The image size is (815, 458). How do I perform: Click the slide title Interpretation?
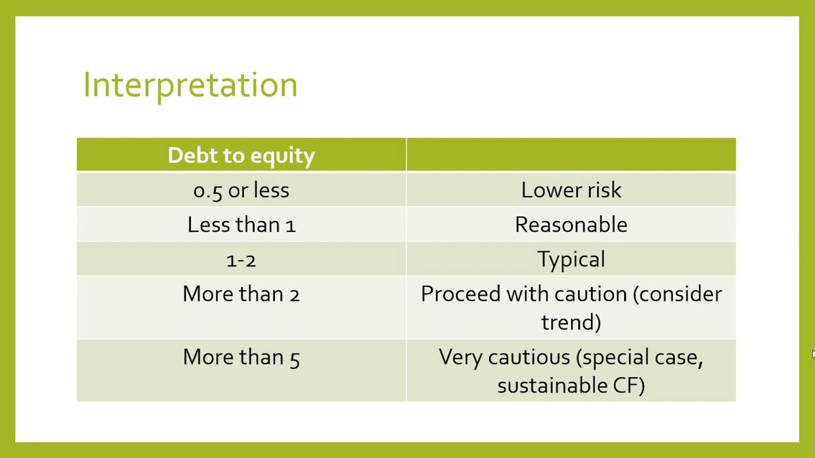pos(190,85)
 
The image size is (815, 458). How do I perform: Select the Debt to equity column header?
pos(241,155)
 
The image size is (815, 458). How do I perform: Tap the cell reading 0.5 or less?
pos(241,190)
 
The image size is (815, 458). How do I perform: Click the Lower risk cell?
pos(570,190)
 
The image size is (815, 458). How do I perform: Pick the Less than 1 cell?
pos(241,225)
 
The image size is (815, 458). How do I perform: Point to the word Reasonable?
pos(570,225)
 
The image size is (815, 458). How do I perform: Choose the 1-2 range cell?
pos(241,260)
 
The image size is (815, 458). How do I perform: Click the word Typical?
pos(570,259)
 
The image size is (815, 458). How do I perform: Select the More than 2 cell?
pos(241,294)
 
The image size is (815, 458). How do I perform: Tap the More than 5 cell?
pos(241,357)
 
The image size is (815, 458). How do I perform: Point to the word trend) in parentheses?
pos(570,322)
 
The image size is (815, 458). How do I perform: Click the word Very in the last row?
pos(459,357)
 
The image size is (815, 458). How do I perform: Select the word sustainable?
pos(551,385)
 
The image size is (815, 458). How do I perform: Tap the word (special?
pos(617,358)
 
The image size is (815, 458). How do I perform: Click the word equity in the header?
pos(283,156)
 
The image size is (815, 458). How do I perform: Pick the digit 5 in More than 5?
pos(295,358)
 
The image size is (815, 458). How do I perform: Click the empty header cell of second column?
pos(570,155)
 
